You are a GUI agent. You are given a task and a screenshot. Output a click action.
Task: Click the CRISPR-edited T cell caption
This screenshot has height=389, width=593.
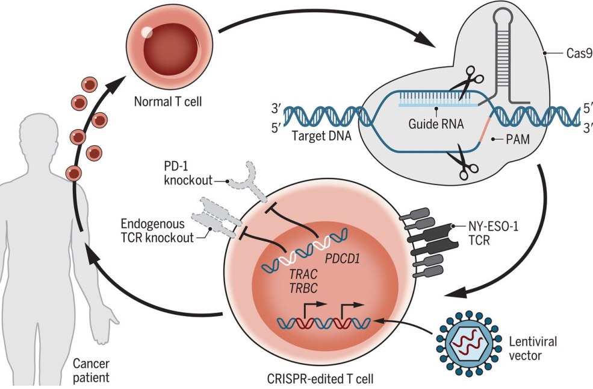[x=320, y=379]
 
